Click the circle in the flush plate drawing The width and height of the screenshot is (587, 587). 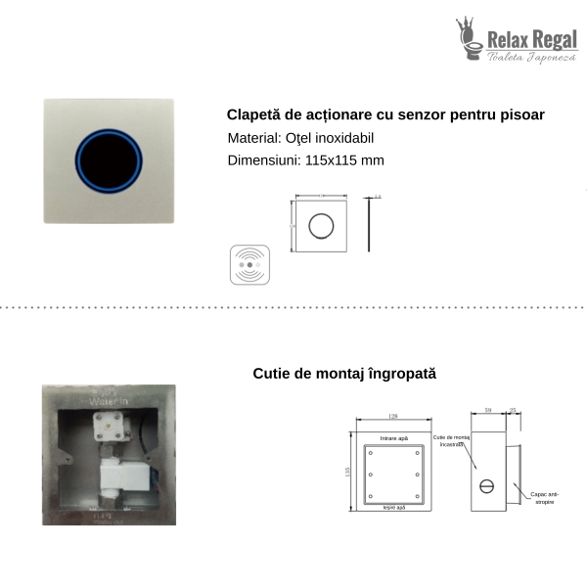(x=320, y=225)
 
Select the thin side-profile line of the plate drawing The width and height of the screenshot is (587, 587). (x=368, y=225)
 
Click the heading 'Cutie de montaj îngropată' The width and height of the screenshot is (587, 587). (x=344, y=373)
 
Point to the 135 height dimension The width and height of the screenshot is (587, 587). (x=347, y=473)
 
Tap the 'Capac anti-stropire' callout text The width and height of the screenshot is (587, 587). (x=545, y=502)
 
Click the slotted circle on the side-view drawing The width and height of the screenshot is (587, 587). (x=486, y=485)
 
